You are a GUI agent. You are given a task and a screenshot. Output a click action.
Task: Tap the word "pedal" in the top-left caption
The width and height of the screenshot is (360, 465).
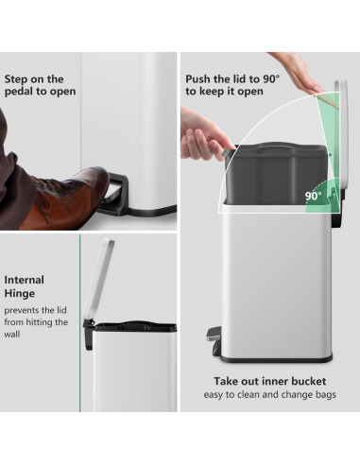click(16, 92)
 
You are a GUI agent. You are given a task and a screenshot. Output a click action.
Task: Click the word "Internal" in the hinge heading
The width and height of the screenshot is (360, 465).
click(25, 280)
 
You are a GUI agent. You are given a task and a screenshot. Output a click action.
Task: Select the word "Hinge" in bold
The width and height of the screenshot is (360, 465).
click(20, 294)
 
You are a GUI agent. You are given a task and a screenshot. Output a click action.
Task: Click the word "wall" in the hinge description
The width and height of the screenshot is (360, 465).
click(12, 335)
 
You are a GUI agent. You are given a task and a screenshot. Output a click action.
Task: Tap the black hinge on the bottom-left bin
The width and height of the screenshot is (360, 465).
click(88, 334)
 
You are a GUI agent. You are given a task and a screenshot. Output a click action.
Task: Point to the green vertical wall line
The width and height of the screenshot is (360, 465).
click(80, 323)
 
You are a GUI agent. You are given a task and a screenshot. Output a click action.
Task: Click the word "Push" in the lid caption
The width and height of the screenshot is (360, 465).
click(197, 79)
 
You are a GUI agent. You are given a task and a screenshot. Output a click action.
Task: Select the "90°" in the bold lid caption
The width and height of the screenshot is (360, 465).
click(271, 78)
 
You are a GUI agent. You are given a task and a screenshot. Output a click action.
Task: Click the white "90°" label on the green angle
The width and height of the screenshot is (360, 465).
click(314, 196)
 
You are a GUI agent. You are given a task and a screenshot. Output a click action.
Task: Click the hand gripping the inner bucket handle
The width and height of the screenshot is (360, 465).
click(203, 134)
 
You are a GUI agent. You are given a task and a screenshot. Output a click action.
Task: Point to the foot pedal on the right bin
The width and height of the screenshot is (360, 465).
click(214, 341)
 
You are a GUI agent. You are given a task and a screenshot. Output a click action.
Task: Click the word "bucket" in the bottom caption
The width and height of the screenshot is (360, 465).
click(309, 382)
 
